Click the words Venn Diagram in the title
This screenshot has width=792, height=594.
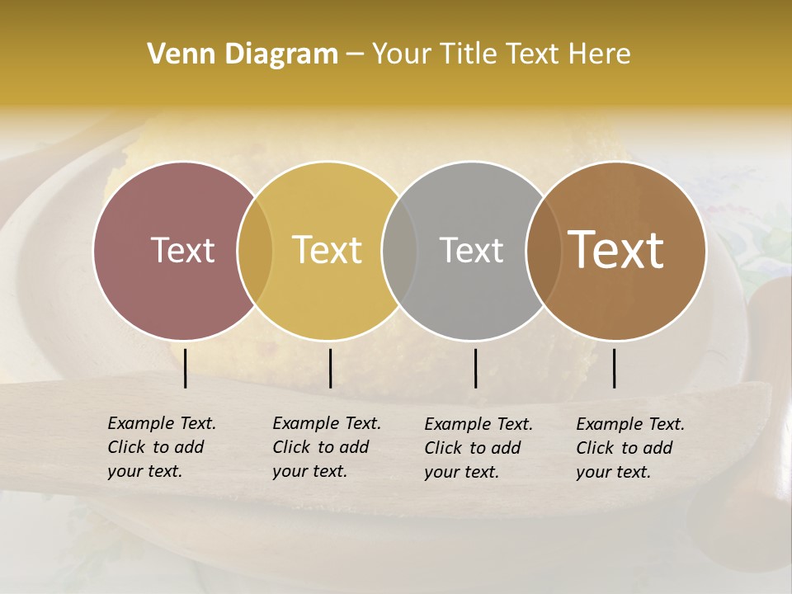coord(243,54)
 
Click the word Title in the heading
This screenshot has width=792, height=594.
coord(468,54)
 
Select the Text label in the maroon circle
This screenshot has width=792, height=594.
coord(182,250)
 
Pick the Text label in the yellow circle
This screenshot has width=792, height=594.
coord(328,250)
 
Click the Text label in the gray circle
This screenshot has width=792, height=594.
coord(471,250)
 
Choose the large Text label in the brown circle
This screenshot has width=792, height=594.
coord(616,250)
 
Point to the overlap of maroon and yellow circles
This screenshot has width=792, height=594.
coord(255,250)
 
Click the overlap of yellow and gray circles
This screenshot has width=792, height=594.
coord(399,250)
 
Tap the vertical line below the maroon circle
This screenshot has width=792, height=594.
coord(186,368)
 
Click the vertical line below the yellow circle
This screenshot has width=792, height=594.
coord(330,368)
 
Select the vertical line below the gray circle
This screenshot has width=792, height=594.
coord(476,368)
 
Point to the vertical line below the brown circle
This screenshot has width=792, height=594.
coord(615,368)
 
